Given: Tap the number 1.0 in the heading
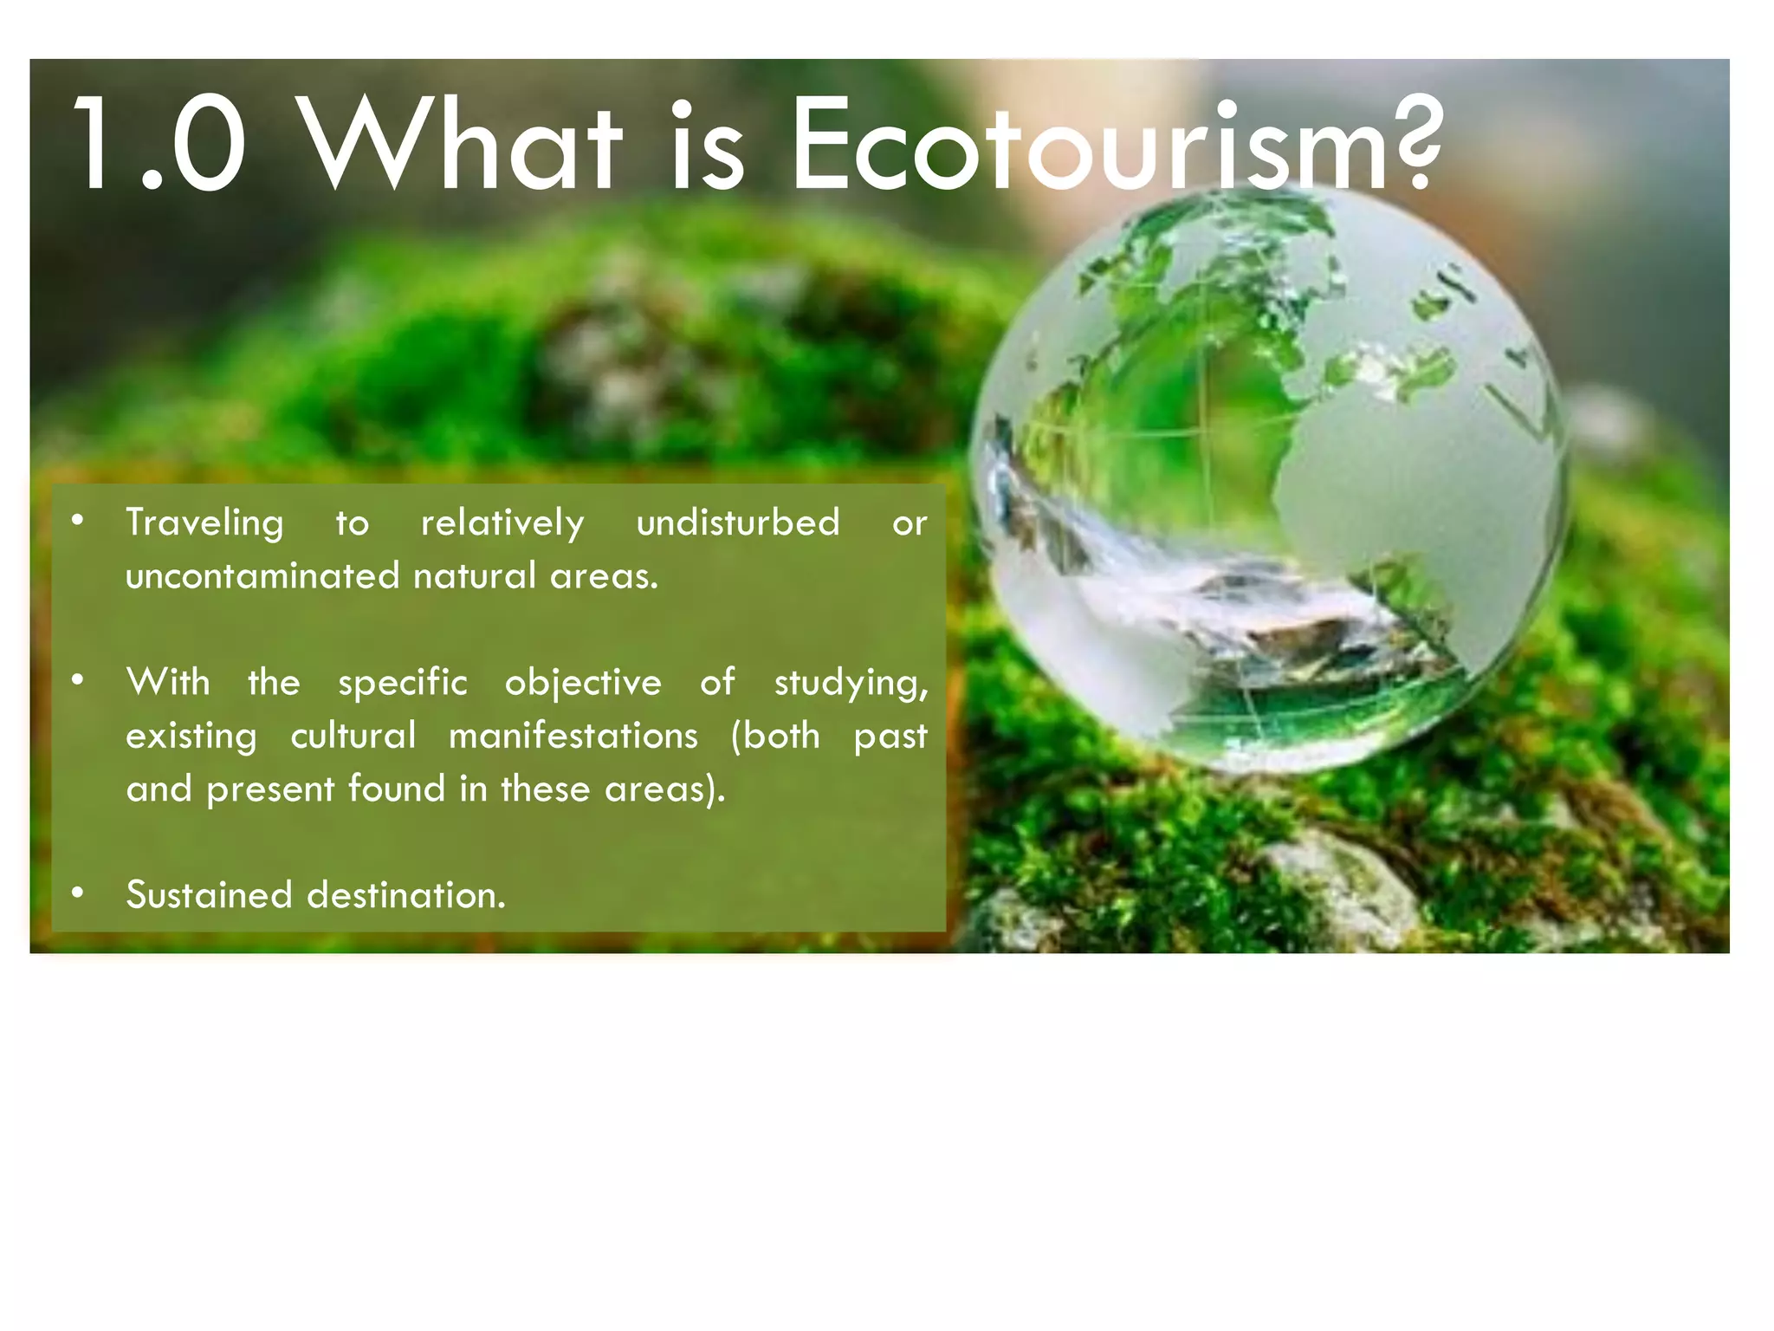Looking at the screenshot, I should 160,146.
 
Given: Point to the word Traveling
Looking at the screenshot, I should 204,523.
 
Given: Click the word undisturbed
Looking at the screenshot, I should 738,523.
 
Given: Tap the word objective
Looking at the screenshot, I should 583,684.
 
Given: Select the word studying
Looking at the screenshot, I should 851,684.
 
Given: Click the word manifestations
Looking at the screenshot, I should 573,736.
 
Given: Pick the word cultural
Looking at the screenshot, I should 353,736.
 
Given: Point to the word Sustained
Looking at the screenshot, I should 209,895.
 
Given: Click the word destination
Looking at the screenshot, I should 405,895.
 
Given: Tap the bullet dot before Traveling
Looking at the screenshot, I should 78,521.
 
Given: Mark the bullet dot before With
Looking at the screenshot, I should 78,680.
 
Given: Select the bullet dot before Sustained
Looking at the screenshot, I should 78,893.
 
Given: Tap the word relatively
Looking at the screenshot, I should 502,523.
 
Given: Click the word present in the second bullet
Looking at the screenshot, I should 270,789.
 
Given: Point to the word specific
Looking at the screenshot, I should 403,684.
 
